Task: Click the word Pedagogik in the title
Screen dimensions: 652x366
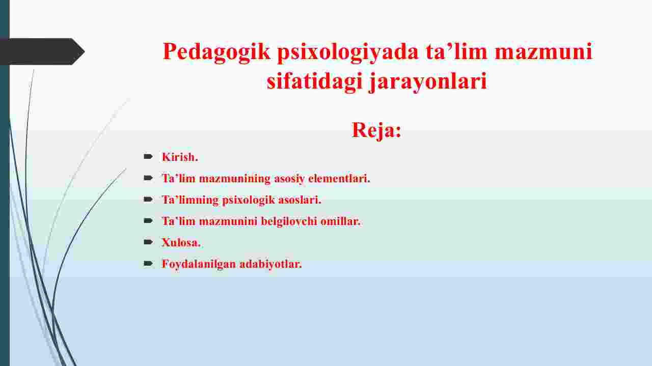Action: pyautogui.click(x=216, y=52)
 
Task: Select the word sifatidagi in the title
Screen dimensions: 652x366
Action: pyautogui.click(x=315, y=81)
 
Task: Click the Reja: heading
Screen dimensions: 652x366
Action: pyautogui.click(x=376, y=130)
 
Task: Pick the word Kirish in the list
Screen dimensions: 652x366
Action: pyautogui.click(x=180, y=157)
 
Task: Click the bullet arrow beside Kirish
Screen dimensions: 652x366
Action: pyautogui.click(x=148, y=156)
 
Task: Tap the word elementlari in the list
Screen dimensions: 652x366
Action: pyautogui.click(x=339, y=178)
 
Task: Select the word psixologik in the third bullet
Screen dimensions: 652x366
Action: pyautogui.click(x=249, y=200)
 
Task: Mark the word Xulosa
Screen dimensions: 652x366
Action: pyautogui.click(x=181, y=243)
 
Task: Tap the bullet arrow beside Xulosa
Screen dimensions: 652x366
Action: pyautogui.click(x=148, y=242)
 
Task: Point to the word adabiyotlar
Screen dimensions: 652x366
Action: pyautogui.click(x=270, y=264)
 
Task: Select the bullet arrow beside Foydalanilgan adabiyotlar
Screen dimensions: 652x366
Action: pyautogui.click(x=148, y=264)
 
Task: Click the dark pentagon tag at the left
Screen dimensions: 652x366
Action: pyautogui.click(x=42, y=51)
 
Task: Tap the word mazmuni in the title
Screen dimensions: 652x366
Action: pyautogui.click(x=544, y=52)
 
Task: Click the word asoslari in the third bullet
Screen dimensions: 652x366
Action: pyautogui.click(x=300, y=200)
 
